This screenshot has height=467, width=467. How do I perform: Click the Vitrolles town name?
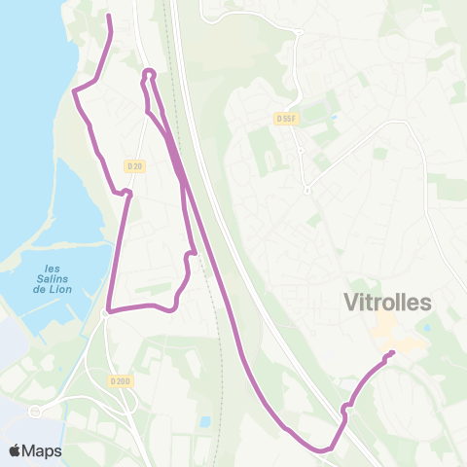click(x=387, y=303)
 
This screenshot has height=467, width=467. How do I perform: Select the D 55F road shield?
click(x=285, y=119)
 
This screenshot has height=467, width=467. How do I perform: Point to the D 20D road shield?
click(x=120, y=381)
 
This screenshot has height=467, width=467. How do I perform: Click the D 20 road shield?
click(x=134, y=166)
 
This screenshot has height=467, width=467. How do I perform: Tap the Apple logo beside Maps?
click(x=16, y=450)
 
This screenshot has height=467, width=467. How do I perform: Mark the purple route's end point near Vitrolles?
click(x=391, y=352)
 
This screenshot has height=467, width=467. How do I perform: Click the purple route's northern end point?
click(x=108, y=17)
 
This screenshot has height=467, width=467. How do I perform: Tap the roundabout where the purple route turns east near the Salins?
click(x=105, y=312)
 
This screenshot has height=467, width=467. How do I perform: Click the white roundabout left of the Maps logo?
click(x=36, y=412)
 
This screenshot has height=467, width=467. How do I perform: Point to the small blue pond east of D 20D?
click(x=203, y=422)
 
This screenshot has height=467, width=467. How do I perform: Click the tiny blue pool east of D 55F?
click(x=335, y=119)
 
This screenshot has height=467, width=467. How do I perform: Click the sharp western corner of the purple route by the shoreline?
click(x=75, y=91)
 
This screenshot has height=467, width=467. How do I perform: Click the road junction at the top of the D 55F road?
click(x=300, y=32)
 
